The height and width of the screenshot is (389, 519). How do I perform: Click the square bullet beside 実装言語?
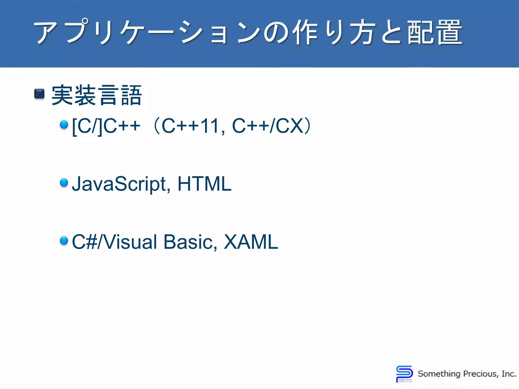tap(39, 94)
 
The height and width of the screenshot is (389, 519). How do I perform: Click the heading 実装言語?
tap(97, 95)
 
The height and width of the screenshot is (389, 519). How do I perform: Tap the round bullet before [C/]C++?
tap(64, 125)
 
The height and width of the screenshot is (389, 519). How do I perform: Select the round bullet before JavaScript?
tap(64, 182)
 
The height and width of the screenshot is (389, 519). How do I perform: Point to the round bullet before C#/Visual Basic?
tap(64, 240)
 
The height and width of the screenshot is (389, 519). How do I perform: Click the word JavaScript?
tap(119, 184)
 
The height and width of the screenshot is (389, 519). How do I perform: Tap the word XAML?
tap(251, 242)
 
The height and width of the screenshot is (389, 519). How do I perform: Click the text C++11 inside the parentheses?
tap(190, 126)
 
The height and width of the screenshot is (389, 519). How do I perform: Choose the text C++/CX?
tap(268, 126)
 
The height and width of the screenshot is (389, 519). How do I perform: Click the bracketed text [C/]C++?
tap(106, 126)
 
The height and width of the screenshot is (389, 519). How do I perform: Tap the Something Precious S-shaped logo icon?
tap(404, 374)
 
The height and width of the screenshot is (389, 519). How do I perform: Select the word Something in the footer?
tap(439, 374)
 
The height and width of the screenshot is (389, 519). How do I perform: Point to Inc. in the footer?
tap(509, 374)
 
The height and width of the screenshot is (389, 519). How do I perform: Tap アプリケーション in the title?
tap(147, 32)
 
